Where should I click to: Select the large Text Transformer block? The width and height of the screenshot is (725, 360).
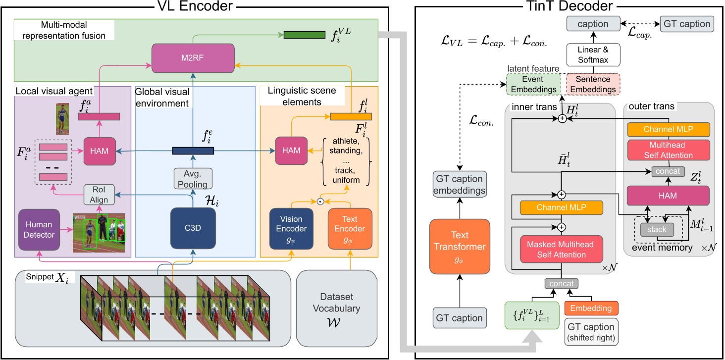(460, 247)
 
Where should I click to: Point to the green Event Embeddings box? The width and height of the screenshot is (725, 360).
(533, 84)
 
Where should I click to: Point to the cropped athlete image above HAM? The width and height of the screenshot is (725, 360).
(61, 119)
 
